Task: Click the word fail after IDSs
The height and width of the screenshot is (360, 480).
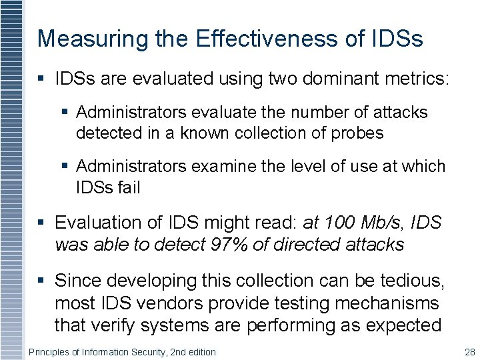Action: click(x=128, y=187)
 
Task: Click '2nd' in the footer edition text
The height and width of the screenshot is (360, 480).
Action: click(x=173, y=351)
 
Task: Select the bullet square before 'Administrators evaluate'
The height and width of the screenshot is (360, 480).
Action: click(x=65, y=113)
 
